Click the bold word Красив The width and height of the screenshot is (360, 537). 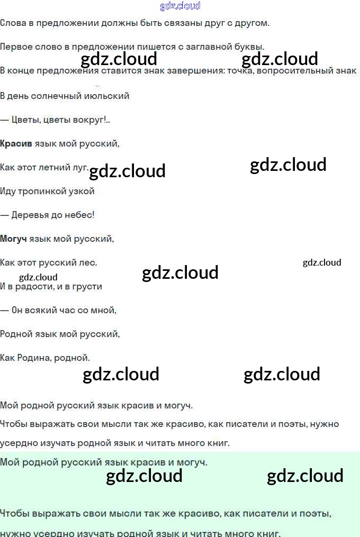point(16,143)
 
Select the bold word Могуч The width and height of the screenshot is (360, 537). point(13,239)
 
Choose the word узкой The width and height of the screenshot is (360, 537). point(82,191)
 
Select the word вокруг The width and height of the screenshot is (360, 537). point(91,120)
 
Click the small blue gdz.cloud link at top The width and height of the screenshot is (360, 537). point(180,6)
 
